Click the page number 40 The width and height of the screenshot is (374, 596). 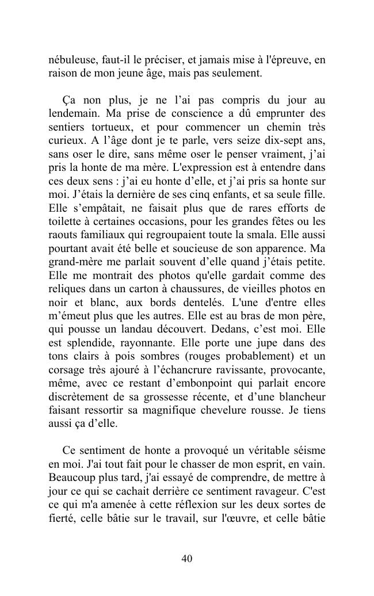pyautogui.click(x=186, y=559)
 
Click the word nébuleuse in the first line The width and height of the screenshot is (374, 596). pyautogui.click(x=71, y=59)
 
